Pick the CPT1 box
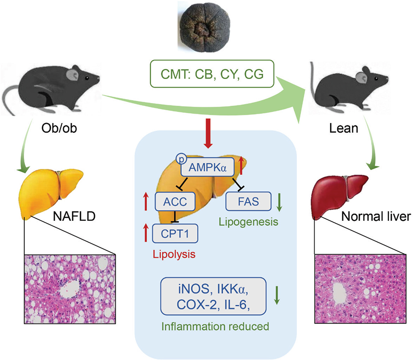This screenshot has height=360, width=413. tap(175, 233)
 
